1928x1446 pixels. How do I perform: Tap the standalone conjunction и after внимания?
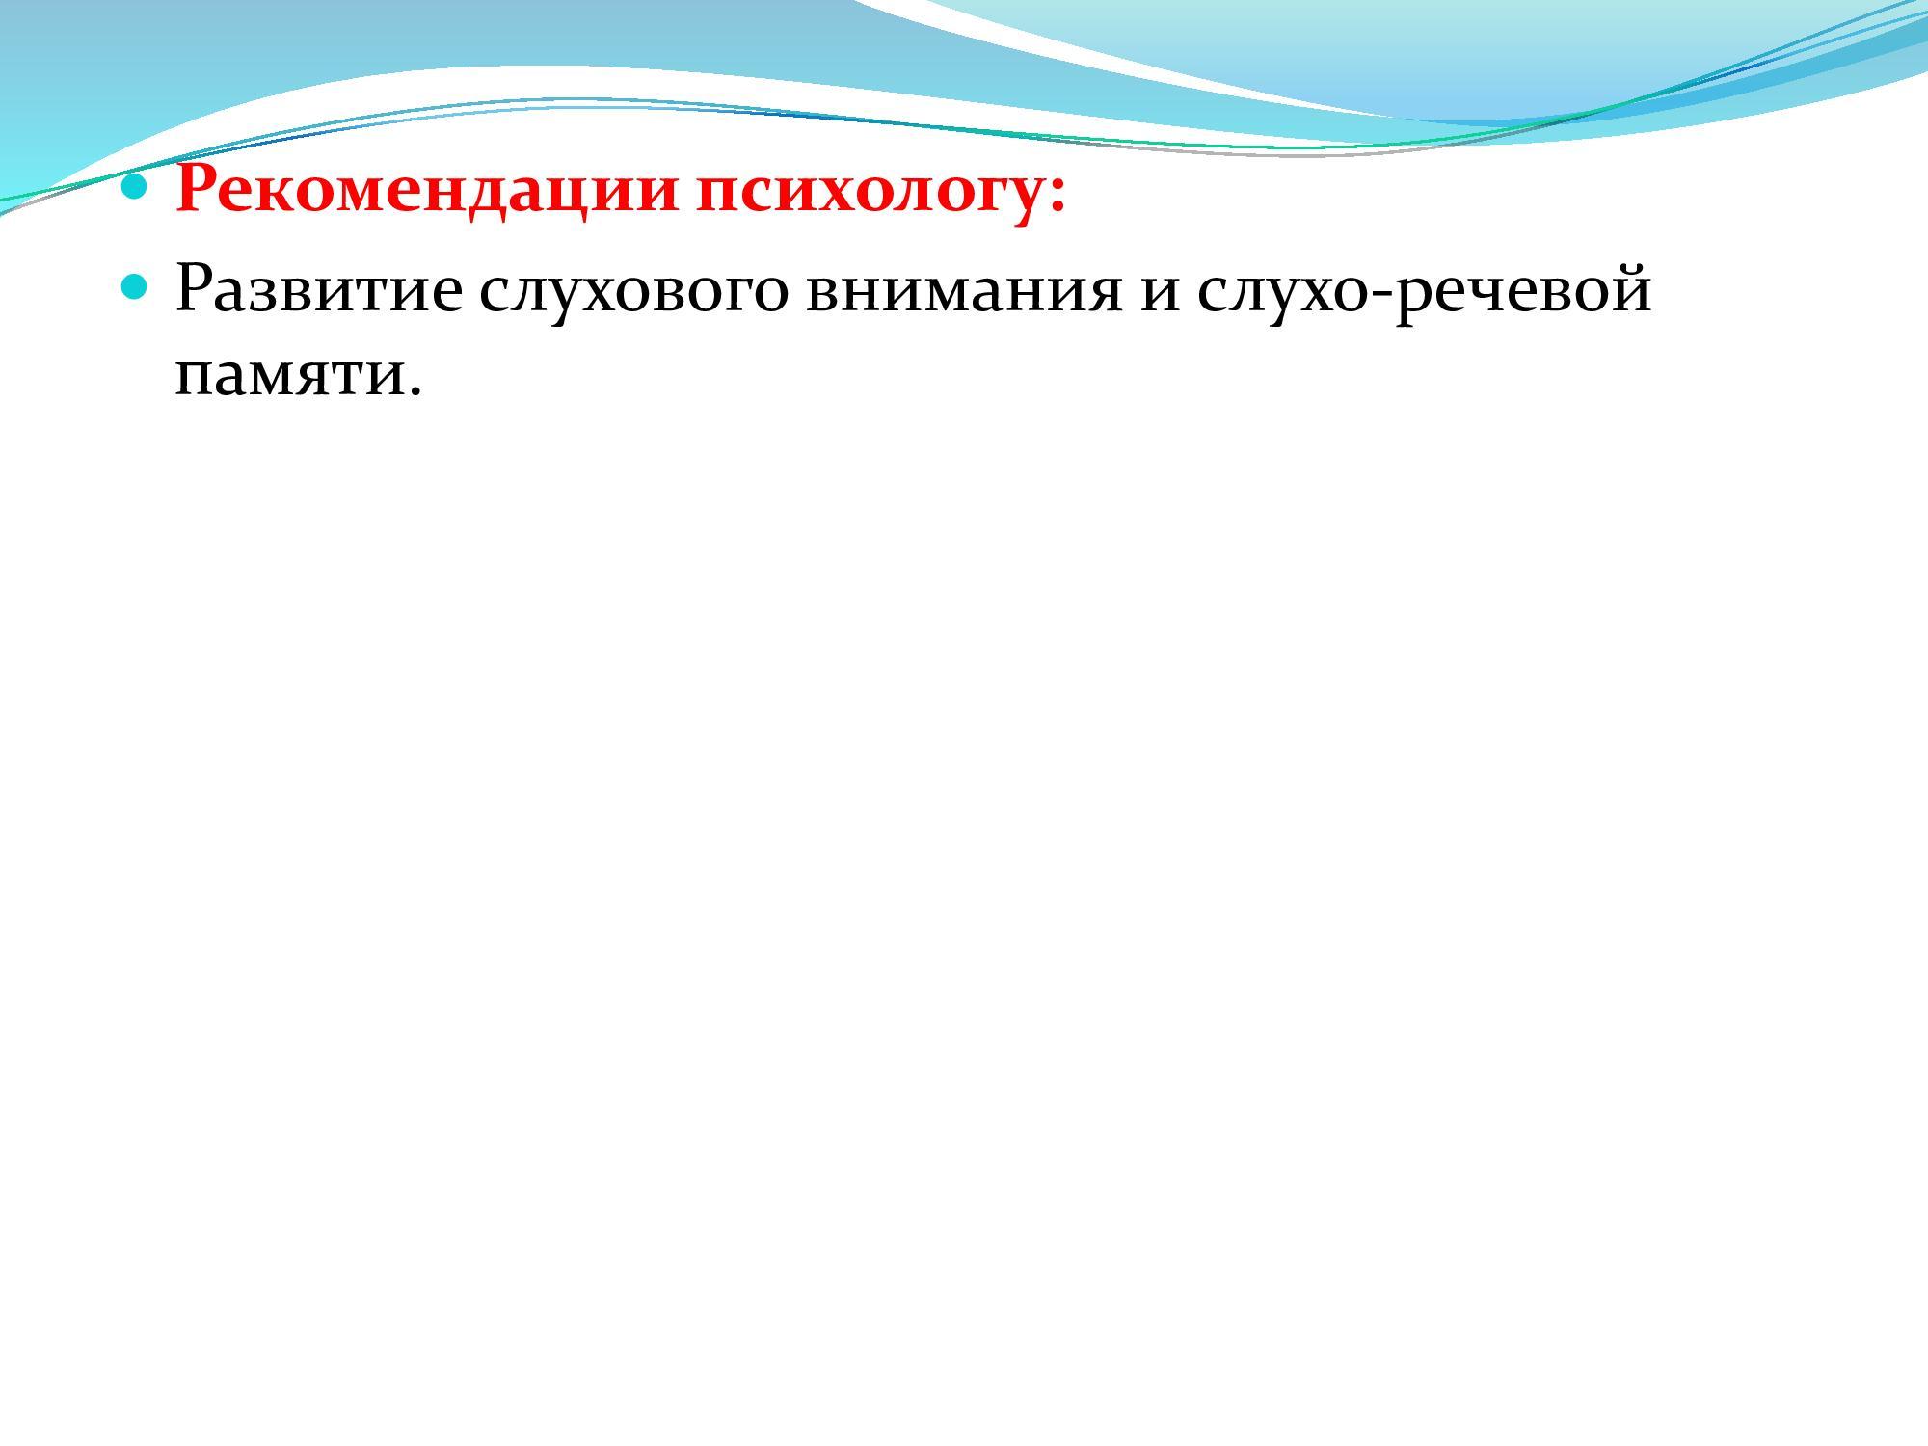(x=1161, y=293)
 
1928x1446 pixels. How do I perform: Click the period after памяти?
(x=415, y=388)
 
